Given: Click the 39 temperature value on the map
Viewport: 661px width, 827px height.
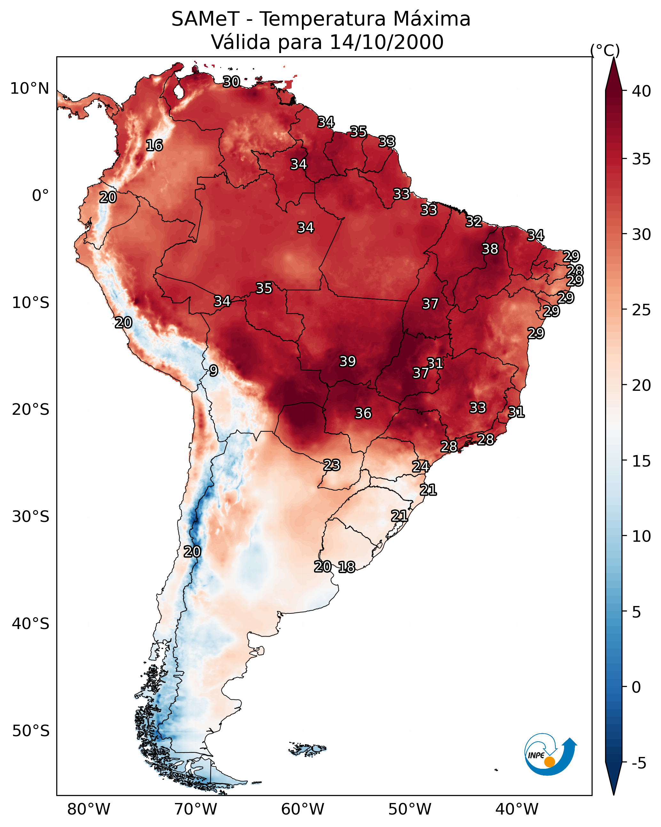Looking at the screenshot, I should click(x=348, y=361).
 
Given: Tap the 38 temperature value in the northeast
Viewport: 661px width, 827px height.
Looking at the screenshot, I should click(x=490, y=249).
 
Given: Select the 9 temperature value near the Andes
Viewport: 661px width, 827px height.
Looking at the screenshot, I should click(x=214, y=371).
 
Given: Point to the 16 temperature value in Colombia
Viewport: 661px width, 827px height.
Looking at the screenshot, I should click(x=154, y=146).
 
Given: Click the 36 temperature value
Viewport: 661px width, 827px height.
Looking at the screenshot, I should click(x=363, y=413).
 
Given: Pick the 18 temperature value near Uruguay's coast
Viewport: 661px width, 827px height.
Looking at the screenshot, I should click(x=346, y=567).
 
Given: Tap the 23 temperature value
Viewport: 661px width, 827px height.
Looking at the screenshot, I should click(x=331, y=465).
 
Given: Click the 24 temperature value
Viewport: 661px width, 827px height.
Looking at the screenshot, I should click(x=421, y=467).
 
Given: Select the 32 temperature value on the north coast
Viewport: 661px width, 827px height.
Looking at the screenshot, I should click(x=474, y=221).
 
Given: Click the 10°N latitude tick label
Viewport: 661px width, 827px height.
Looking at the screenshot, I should click(x=29, y=89).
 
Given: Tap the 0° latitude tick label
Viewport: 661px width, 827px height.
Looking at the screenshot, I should click(x=40, y=196).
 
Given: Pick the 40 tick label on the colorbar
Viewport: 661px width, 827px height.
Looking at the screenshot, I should click(x=641, y=91).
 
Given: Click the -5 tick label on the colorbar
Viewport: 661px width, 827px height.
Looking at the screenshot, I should click(x=639, y=763).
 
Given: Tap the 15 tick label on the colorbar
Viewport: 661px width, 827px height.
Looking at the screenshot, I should click(x=641, y=461).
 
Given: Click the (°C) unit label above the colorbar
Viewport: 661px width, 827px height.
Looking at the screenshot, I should click(x=605, y=50).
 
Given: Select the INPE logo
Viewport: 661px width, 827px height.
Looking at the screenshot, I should click(x=550, y=754).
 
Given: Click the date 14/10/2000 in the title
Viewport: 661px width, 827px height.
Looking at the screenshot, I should click(x=386, y=42).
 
